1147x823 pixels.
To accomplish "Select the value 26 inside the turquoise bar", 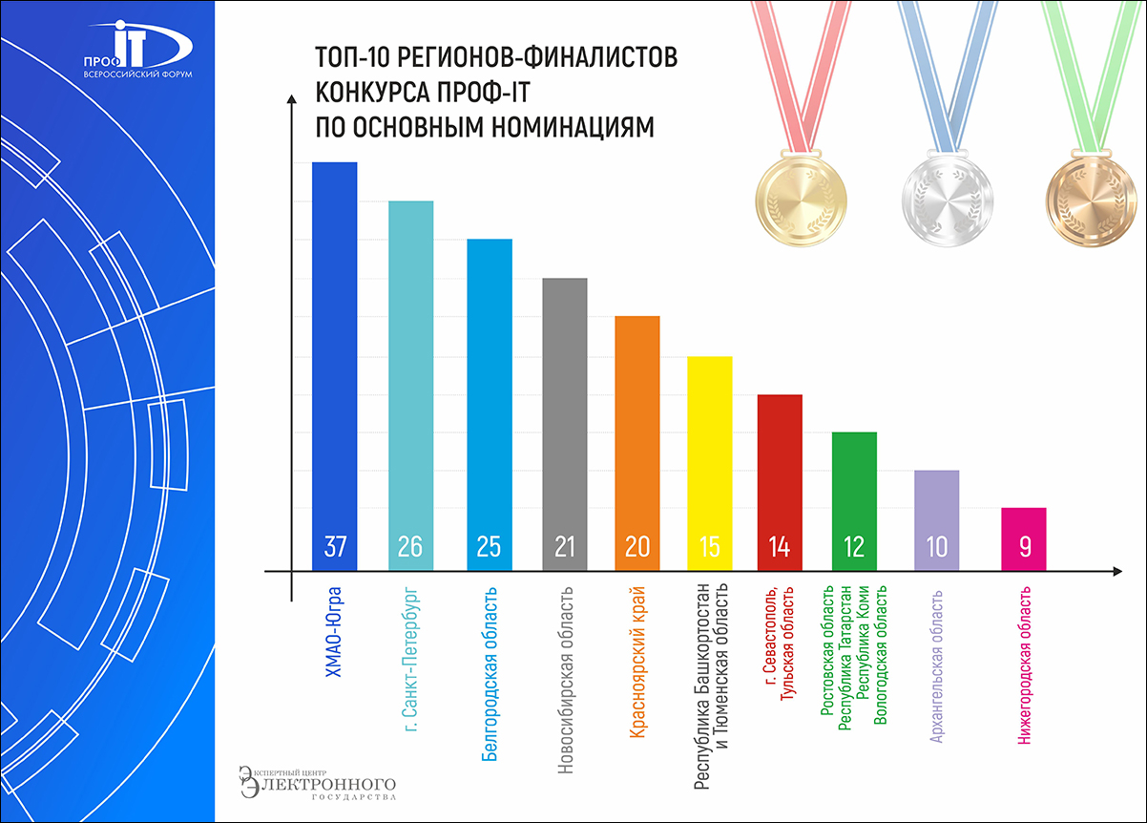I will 410,547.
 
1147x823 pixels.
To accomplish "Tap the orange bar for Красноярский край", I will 637,430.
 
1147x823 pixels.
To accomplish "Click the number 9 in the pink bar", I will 1024,547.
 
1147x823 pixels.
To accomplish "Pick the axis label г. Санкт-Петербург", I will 411,659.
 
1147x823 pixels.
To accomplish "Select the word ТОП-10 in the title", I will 350,58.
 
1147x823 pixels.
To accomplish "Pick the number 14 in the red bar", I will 780,547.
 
